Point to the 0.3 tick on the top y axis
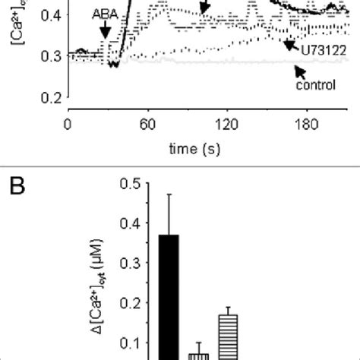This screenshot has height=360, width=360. coord(50,55)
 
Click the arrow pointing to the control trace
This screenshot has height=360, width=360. coord(301,72)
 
